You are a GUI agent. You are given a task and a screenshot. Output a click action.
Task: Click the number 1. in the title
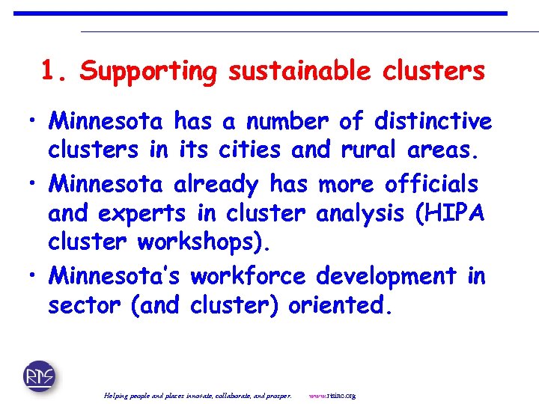(56, 72)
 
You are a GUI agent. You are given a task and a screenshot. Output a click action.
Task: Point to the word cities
(249, 150)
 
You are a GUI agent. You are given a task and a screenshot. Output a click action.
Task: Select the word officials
(430, 183)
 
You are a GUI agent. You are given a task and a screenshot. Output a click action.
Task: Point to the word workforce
(248, 276)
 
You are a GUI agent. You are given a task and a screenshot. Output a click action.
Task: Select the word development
(386, 276)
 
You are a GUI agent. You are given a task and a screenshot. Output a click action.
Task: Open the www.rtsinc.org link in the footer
(332, 395)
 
